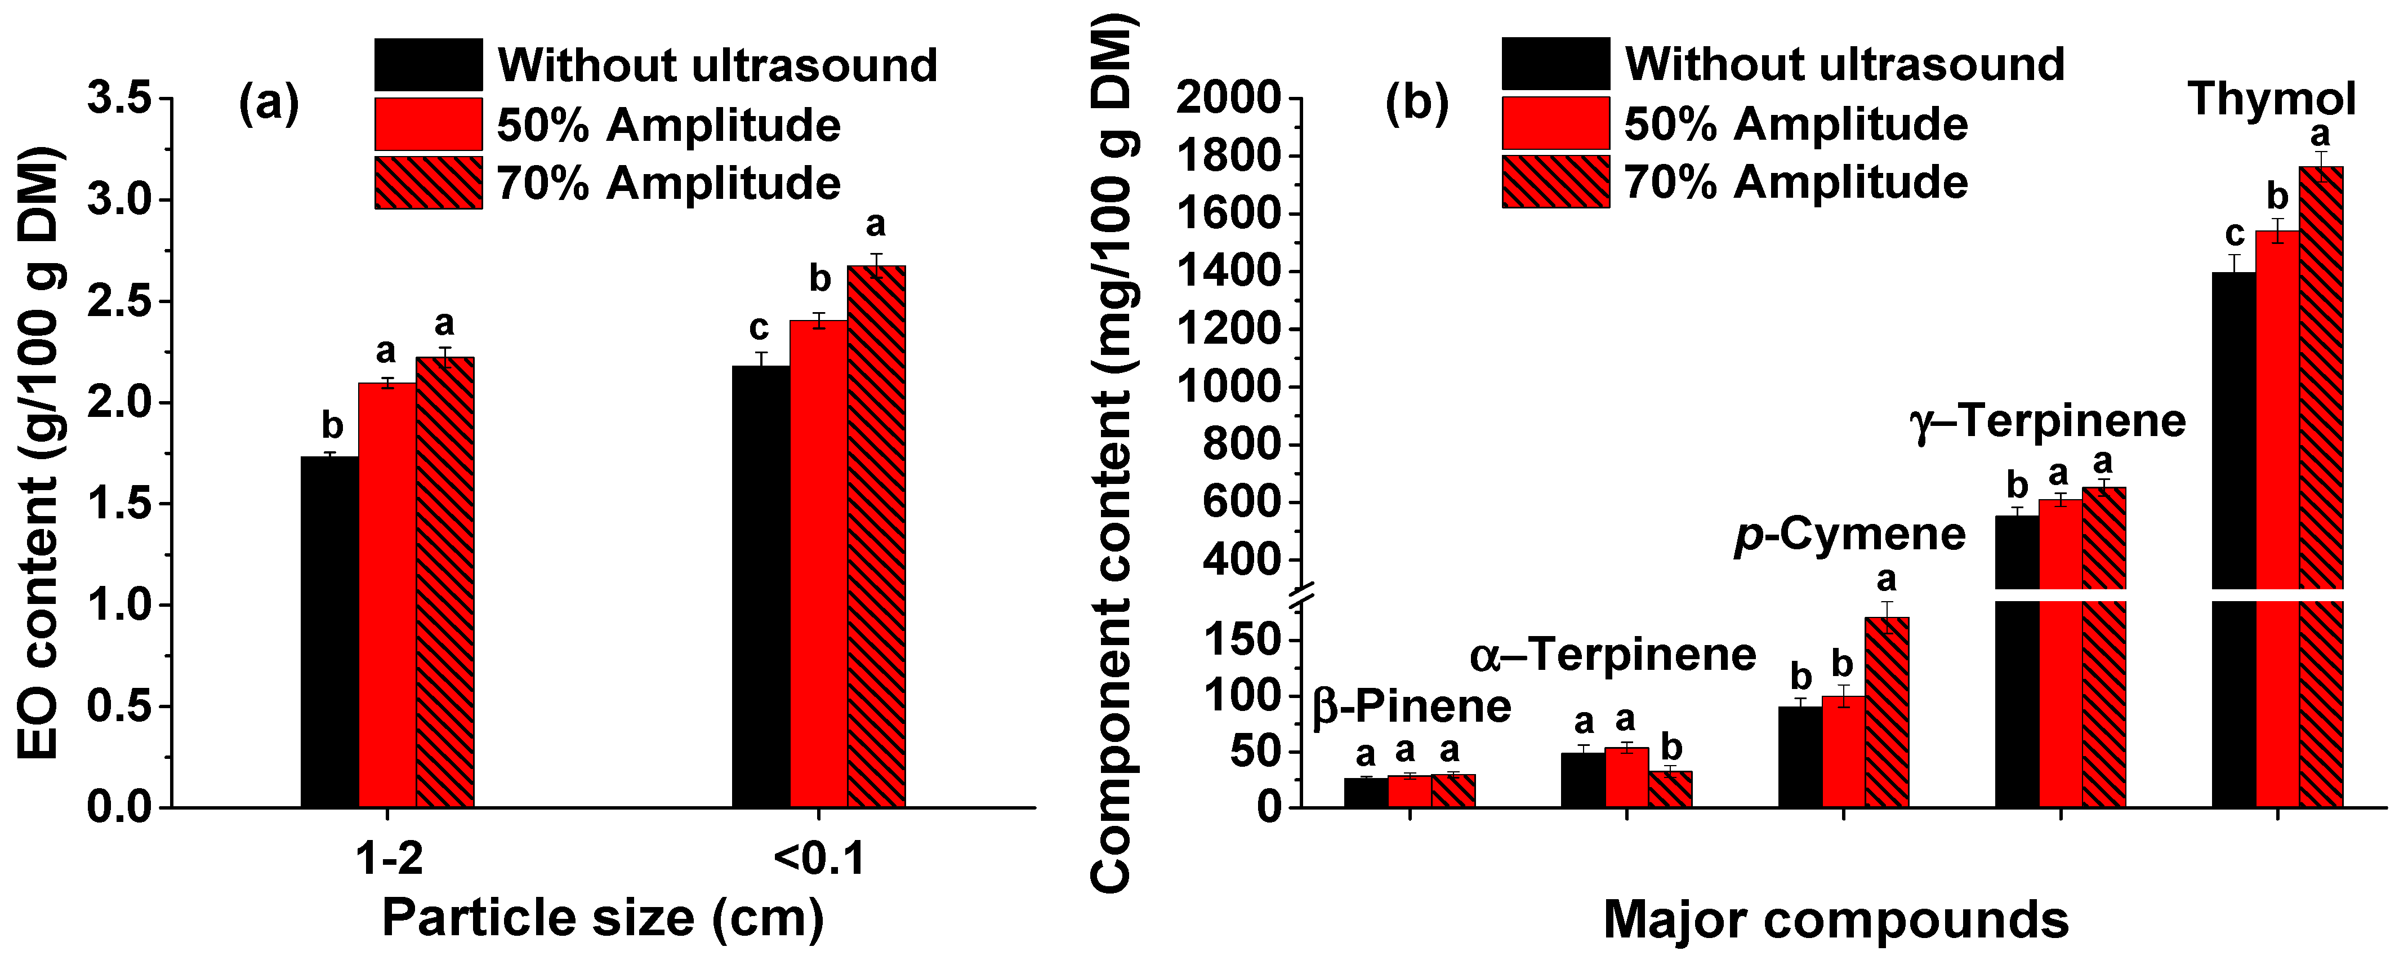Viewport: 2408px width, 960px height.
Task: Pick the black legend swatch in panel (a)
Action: (x=428, y=64)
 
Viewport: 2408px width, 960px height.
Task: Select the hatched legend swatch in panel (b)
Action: (x=1555, y=181)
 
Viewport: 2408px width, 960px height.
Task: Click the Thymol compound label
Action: (x=2272, y=99)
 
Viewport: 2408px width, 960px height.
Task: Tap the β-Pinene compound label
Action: (x=1412, y=706)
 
